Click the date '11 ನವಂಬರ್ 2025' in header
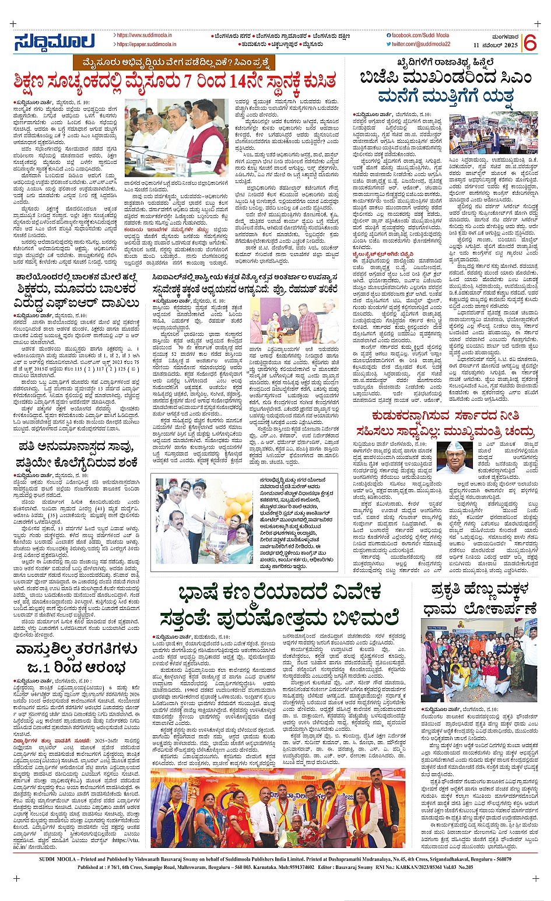pyautogui.click(x=496, y=45)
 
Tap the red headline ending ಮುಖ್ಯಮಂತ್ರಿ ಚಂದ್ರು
pyautogui.click(x=455, y=432)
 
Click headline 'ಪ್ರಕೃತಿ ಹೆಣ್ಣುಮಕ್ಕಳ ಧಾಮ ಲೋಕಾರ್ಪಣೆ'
pyautogui.click(x=476, y=599)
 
